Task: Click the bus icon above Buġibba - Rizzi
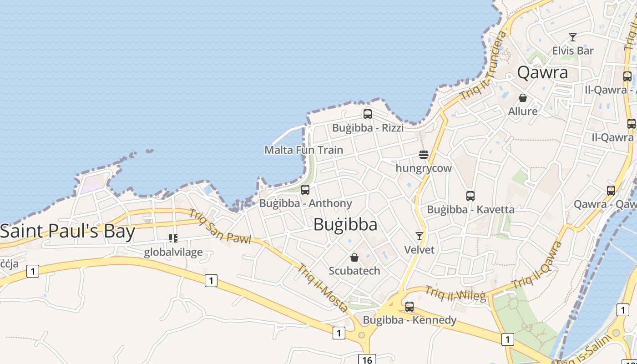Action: tap(368, 114)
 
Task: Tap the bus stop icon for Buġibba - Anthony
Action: tap(305, 190)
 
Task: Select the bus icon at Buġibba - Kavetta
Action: tap(470, 196)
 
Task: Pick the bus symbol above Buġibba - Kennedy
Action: tap(409, 307)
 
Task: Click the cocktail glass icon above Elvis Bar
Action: tap(573, 37)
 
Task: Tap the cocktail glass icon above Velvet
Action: tap(420, 236)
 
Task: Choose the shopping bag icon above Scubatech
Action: tap(354, 258)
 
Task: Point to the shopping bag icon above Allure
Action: tap(523, 98)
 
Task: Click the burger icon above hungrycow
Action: tap(424, 155)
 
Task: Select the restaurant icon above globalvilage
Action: tap(173, 238)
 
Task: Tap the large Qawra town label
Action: tap(543, 73)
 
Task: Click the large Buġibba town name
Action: tap(345, 225)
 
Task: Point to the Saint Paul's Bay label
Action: tap(68, 231)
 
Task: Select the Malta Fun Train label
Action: tap(303, 150)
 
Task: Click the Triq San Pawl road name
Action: tap(220, 226)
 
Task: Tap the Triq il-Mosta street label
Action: tap(323, 288)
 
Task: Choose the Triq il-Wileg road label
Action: tap(455, 294)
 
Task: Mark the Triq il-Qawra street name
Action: tap(537, 266)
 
